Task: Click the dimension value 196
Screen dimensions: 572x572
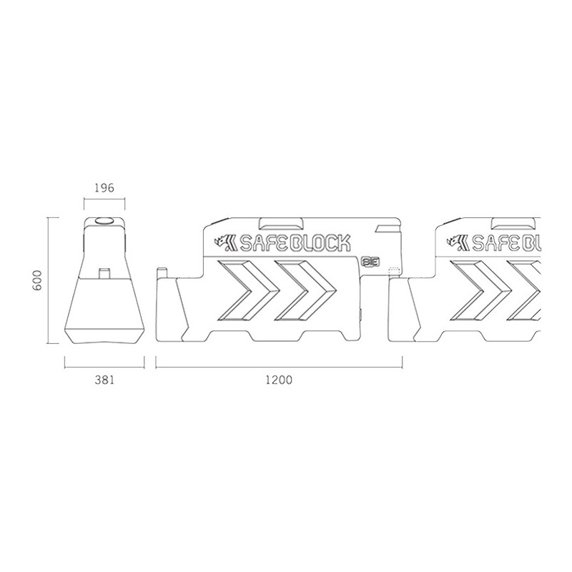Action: click(x=104, y=188)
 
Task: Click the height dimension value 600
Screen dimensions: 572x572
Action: click(x=38, y=280)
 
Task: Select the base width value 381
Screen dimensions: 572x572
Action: click(x=104, y=380)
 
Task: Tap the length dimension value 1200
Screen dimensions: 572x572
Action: click(x=279, y=380)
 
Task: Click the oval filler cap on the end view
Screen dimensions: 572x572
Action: click(x=104, y=221)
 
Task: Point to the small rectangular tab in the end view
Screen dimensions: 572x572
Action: click(x=104, y=274)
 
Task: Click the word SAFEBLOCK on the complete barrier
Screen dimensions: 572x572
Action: click(x=295, y=243)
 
